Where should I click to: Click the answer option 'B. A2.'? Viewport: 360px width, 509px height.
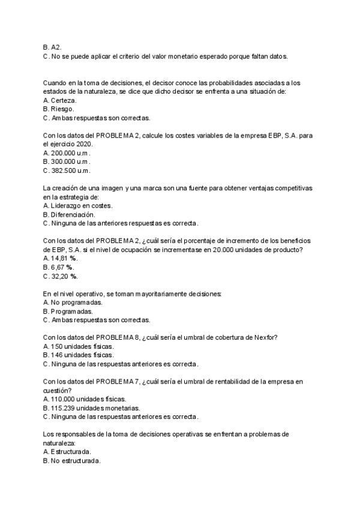(x=52, y=47)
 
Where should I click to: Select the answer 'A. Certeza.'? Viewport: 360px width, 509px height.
(x=60, y=100)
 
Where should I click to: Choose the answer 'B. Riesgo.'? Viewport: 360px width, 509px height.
(x=59, y=109)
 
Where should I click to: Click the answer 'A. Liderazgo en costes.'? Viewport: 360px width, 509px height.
(x=78, y=205)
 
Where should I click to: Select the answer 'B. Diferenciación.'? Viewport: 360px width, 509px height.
(x=69, y=214)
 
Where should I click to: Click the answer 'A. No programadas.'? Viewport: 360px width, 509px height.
(x=69, y=303)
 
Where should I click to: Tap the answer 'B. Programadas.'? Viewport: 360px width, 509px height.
(x=68, y=312)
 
